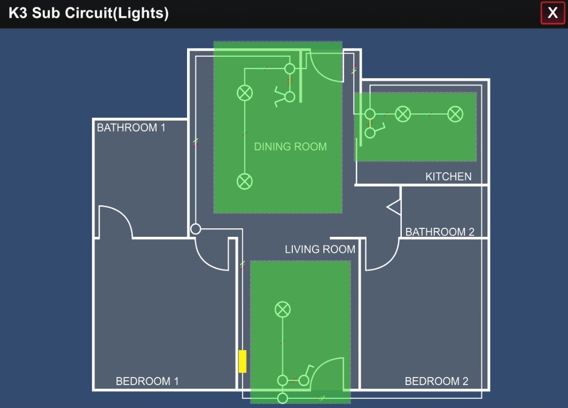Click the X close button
553,13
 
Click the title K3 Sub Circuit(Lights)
89,13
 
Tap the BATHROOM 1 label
131,128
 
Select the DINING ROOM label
290,147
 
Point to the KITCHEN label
448,176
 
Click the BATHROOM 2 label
440,232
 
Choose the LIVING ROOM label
320,249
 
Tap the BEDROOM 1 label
147,381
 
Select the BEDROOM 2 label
436,381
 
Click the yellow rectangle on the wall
242,361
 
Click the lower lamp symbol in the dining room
245,181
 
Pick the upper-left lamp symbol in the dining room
245,93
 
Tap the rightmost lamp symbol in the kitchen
455,114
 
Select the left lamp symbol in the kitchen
402,114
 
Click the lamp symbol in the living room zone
282,309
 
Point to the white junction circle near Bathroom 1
196,229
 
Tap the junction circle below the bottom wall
282,398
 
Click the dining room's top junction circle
290,68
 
